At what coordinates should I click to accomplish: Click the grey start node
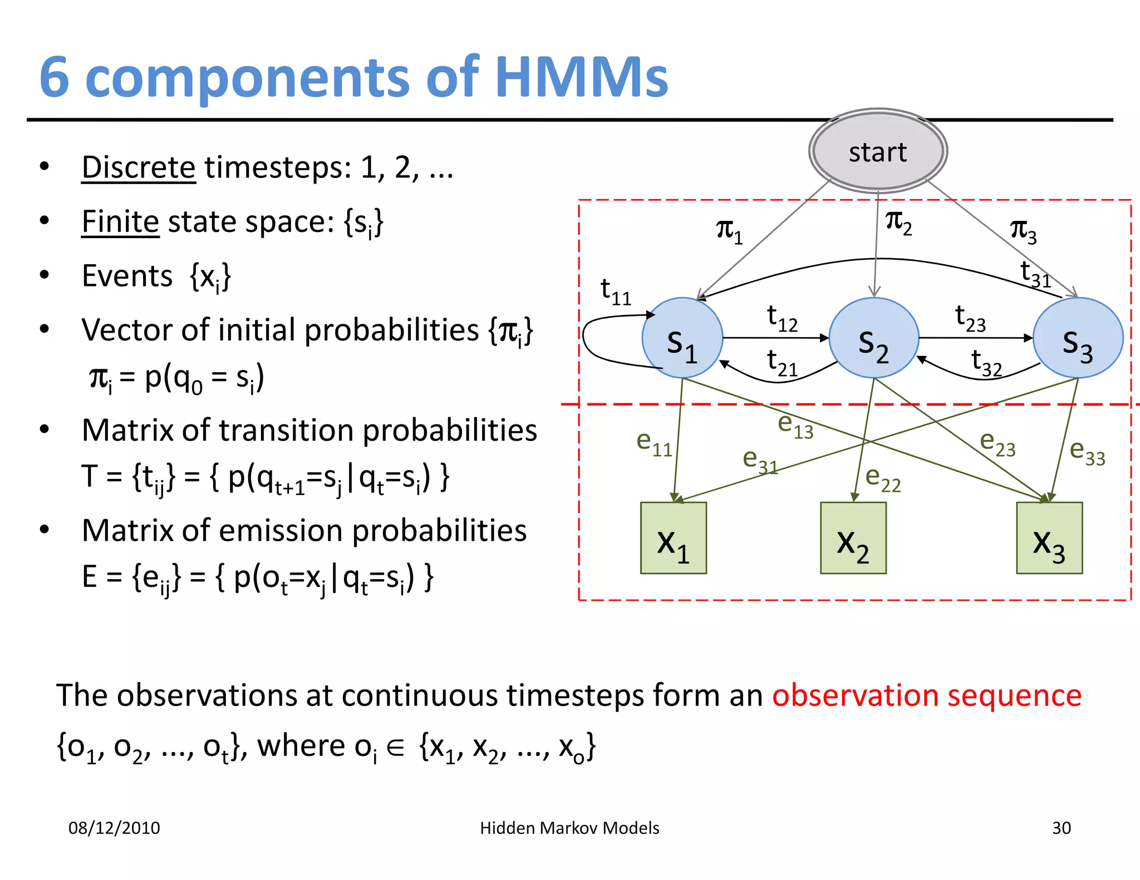click(x=878, y=151)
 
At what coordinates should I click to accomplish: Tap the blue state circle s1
click(x=682, y=338)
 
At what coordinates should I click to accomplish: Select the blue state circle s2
click(x=873, y=338)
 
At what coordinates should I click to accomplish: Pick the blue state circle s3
click(x=1078, y=338)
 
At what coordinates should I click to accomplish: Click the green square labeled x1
click(x=673, y=538)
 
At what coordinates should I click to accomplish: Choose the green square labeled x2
click(x=853, y=538)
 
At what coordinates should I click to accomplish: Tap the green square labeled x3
click(x=1049, y=538)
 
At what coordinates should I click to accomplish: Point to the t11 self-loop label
click(x=615, y=291)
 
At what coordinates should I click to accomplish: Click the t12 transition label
click(x=782, y=318)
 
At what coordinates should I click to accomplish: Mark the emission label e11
click(x=654, y=443)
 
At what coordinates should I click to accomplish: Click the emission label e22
click(x=882, y=479)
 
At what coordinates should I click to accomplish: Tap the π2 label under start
click(x=898, y=223)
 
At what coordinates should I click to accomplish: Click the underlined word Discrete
click(x=139, y=167)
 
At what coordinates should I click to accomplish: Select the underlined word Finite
click(x=120, y=222)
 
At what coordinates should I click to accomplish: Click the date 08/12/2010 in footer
click(x=114, y=828)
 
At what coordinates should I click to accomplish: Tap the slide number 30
click(x=1061, y=828)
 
